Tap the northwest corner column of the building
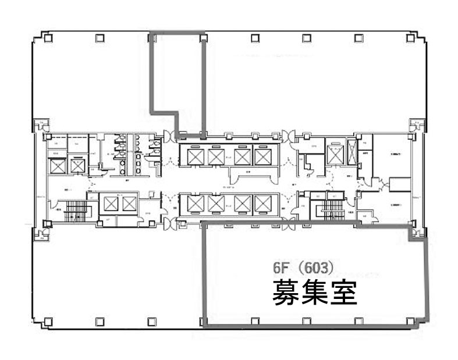click(x=48, y=38)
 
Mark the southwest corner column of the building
click(x=48, y=320)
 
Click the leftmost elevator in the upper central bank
click(x=191, y=156)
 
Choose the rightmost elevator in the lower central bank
click(x=263, y=204)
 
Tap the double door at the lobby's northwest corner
click(x=170, y=136)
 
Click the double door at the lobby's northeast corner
click(x=286, y=136)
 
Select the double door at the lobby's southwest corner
click(x=170, y=222)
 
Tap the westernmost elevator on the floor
click(x=58, y=166)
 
